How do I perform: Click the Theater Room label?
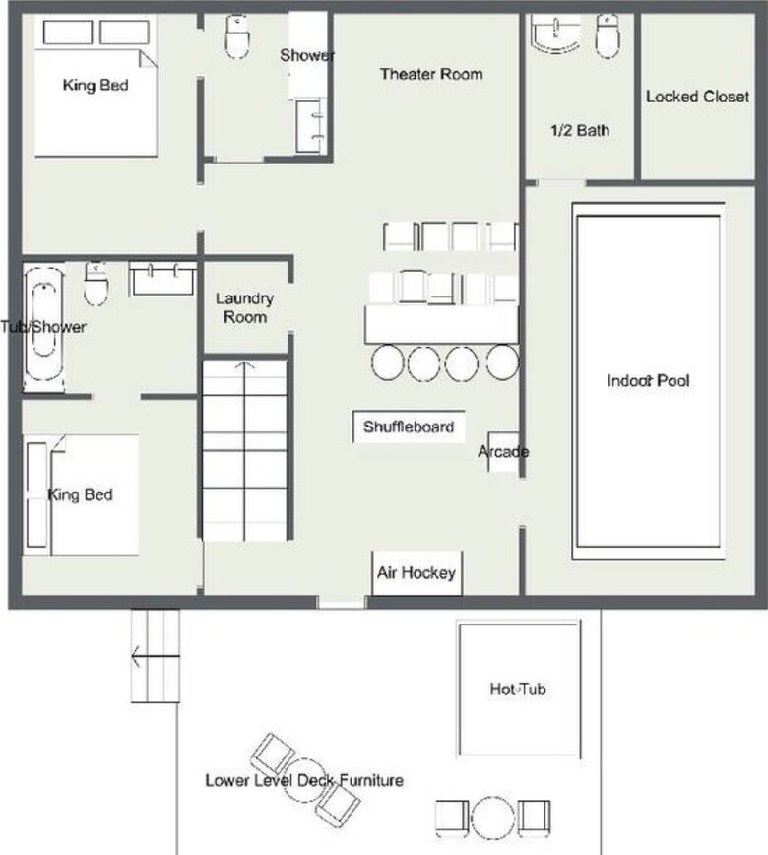click(431, 74)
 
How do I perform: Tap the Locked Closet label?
click(697, 97)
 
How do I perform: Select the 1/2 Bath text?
click(579, 129)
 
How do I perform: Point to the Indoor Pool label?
click(648, 380)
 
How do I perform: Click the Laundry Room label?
click(245, 307)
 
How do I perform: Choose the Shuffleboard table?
click(409, 427)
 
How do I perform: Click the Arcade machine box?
click(503, 452)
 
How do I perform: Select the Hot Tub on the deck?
click(518, 689)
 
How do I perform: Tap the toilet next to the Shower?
click(237, 36)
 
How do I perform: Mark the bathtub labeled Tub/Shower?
click(43, 327)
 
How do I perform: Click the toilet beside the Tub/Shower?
click(96, 284)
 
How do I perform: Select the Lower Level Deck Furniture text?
click(304, 781)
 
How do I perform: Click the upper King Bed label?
click(96, 85)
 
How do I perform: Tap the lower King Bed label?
click(81, 494)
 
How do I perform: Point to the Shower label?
click(306, 55)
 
